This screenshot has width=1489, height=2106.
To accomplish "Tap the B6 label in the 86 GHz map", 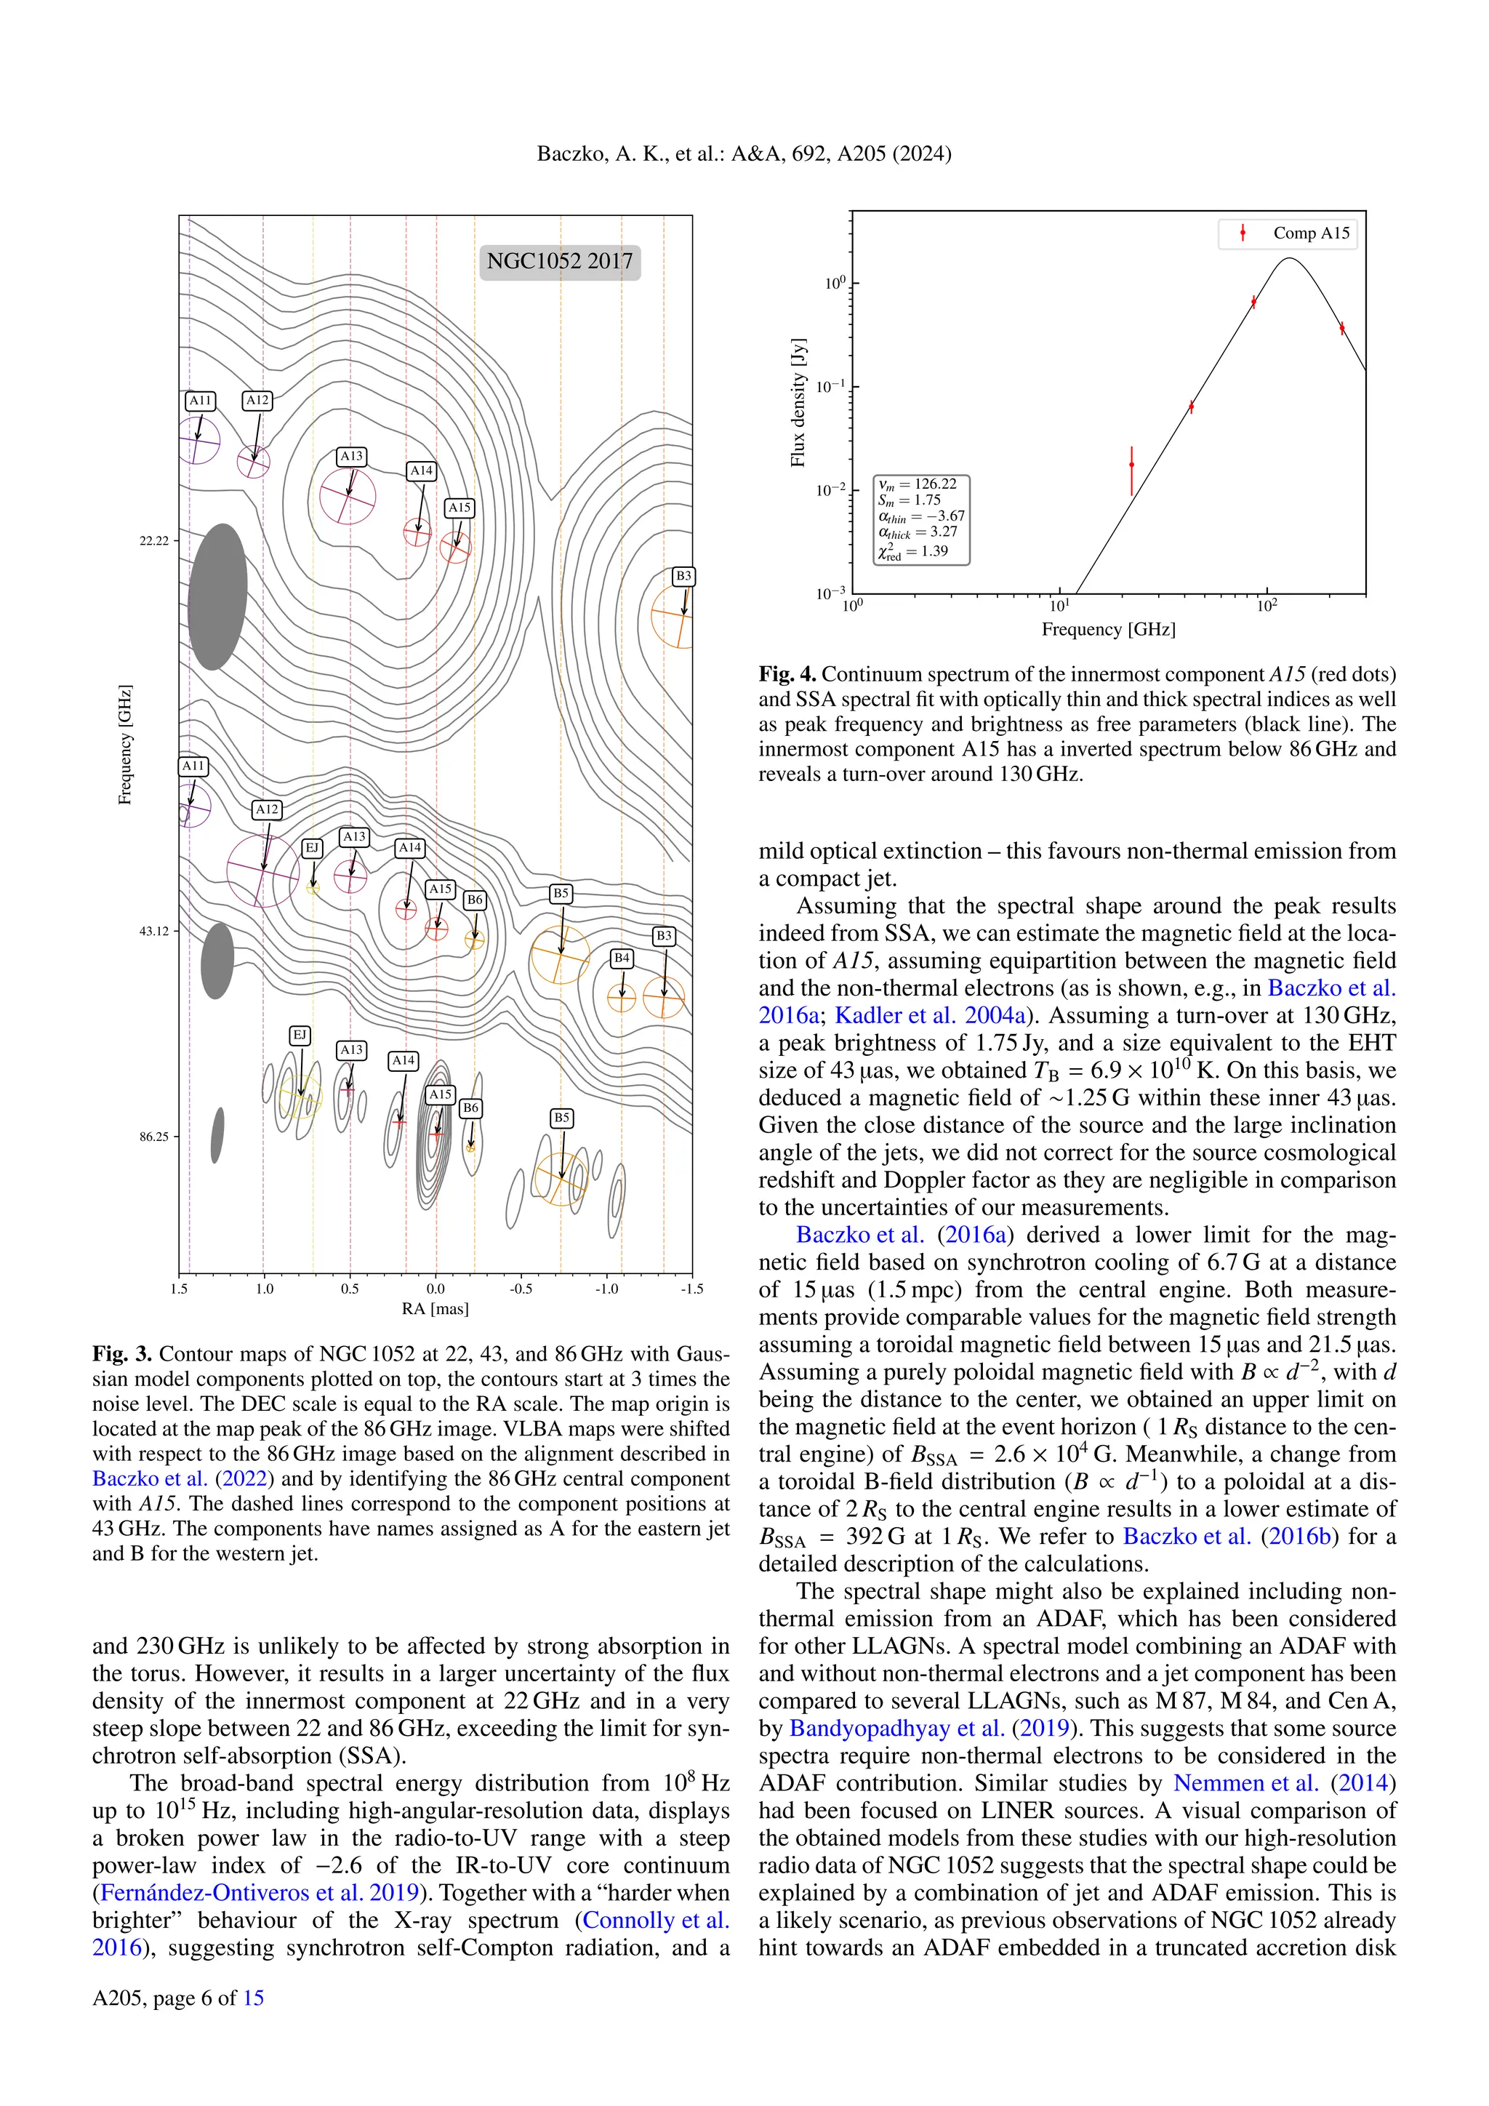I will pyautogui.click(x=470, y=1108).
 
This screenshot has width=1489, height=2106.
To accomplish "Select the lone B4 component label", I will pyautogui.click(x=622, y=958).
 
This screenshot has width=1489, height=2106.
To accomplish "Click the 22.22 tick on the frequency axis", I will pyautogui.click(x=154, y=541).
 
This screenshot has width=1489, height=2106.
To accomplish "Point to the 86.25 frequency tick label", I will pyautogui.click(x=154, y=1137).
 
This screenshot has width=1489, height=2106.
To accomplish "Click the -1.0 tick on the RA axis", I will pyautogui.click(x=606, y=1289).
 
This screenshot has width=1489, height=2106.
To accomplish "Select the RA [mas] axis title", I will pyautogui.click(x=436, y=1309).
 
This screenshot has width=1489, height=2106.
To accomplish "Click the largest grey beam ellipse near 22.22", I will pyautogui.click(x=217, y=596).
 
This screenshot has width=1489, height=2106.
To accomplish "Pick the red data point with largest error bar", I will pyautogui.click(x=1131, y=465).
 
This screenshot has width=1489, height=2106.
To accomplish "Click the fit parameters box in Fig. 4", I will pyautogui.click(x=921, y=519).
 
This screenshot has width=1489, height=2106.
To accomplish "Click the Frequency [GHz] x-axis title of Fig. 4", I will pyautogui.click(x=1107, y=629).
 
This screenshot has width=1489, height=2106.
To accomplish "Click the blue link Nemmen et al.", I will pyautogui.click(x=1245, y=1783).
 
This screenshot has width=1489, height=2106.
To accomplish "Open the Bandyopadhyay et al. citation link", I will pyautogui.click(x=896, y=1728).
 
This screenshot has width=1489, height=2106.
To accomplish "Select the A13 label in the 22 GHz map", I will pyautogui.click(x=351, y=456).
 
